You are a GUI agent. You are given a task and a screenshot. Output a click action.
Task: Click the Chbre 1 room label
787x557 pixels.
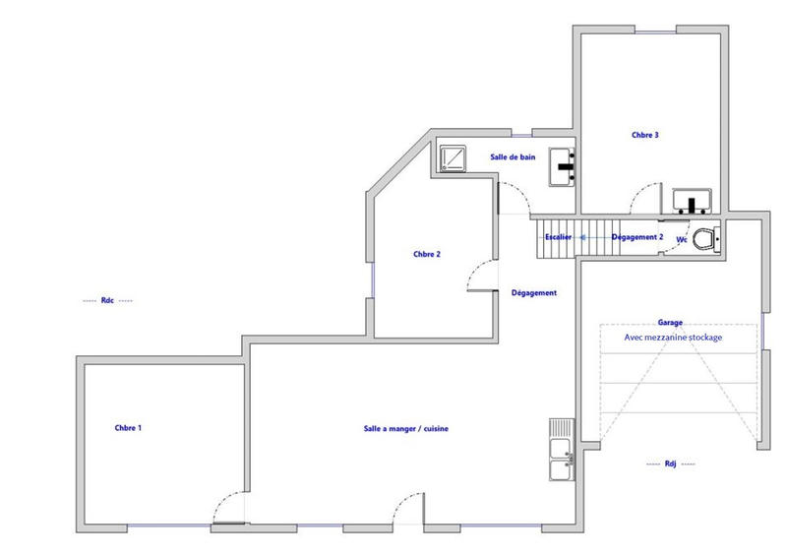point(129,428)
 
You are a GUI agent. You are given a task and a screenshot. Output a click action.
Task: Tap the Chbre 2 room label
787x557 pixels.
point(426,254)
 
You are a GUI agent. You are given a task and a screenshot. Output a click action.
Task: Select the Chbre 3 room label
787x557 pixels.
point(645,135)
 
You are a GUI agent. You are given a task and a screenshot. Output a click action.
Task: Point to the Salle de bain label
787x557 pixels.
point(513,156)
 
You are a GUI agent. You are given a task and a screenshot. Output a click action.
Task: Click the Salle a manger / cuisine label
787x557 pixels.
point(406,428)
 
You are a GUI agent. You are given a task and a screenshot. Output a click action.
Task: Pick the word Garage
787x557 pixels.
point(671,322)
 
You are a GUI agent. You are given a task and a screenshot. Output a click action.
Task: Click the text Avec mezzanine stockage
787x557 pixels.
point(673,337)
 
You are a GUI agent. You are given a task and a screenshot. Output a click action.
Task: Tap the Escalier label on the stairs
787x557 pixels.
point(558,237)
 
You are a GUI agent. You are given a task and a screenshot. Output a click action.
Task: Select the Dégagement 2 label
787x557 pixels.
point(637,237)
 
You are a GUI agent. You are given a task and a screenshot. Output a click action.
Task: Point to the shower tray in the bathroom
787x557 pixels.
point(454,158)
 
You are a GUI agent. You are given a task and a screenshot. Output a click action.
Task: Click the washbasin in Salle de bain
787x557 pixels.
point(563,165)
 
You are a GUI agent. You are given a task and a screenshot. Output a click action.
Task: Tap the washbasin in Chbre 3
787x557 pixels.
point(696,201)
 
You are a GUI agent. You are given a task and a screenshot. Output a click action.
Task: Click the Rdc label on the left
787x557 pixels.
point(107,300)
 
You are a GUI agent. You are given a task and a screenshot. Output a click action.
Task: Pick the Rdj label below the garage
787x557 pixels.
point(671,463)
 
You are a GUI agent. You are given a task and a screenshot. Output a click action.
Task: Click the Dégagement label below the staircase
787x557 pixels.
point(535,293)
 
